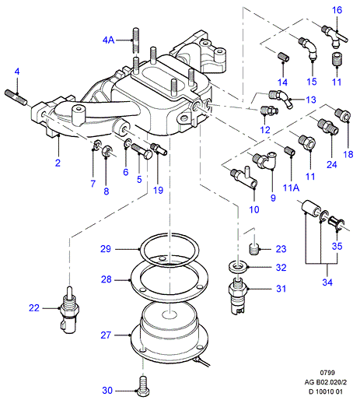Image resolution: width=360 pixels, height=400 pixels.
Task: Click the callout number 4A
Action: tap(108, 40)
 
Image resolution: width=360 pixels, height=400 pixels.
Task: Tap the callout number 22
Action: tap(34, 308)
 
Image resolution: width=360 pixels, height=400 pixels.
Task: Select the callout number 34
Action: tap(327, 282)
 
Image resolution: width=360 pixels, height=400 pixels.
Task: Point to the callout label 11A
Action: tap(291, 188)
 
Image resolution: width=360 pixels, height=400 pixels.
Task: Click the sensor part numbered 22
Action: tap(69, 311)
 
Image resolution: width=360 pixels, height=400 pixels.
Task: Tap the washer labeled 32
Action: tap(238, 267)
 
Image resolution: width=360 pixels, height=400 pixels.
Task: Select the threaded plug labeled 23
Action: tap(254, 249)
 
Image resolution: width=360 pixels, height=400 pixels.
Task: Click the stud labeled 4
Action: tap(16, 97)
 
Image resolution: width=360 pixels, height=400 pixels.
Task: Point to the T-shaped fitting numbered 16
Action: tap(334, 37)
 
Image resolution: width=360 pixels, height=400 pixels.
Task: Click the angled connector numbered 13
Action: tap(281, 99)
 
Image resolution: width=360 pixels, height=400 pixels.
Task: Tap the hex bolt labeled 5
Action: tap(142, 151)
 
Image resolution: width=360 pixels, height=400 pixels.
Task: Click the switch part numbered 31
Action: tap(238, 295)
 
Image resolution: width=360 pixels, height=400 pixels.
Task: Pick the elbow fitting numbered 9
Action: tap(264, 160)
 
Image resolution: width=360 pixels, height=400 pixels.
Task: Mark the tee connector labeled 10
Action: tap(244, 178)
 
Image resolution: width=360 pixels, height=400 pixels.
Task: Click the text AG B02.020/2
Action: tap(326, 382)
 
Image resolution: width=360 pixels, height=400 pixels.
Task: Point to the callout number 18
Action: tap(348, 154)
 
